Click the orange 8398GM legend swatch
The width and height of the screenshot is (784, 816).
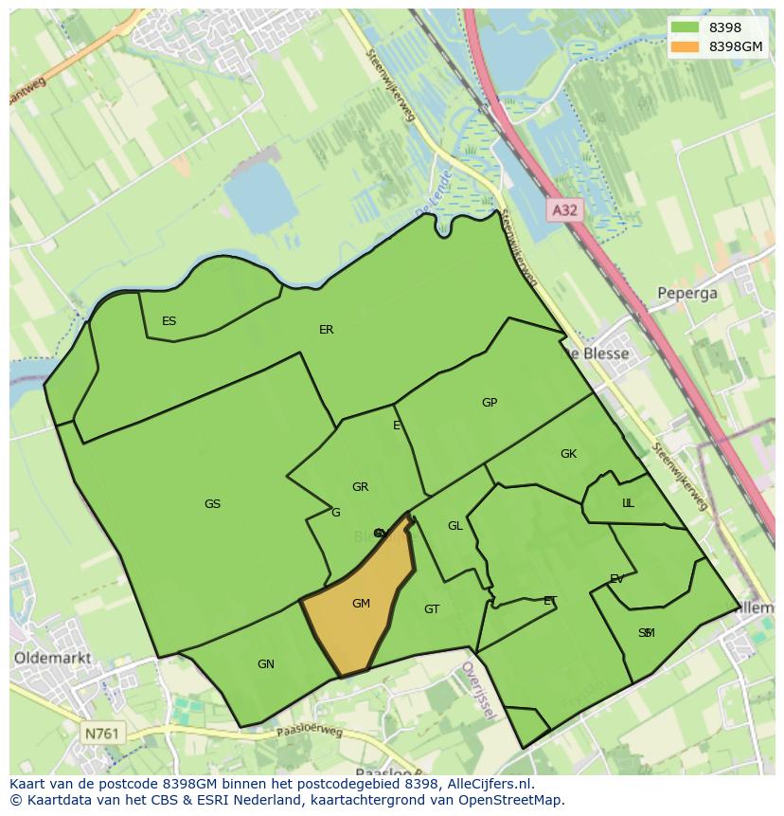click(x=686, y=46)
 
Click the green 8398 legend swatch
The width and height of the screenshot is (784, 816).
click(x=686, y=27)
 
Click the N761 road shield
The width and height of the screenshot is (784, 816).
click(x=102, y=733)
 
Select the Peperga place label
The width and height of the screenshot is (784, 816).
click(x=688, y=293)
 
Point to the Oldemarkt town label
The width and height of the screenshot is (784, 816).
click(x=52, y=657)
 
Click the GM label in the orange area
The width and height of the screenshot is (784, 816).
click(x=361, y=604)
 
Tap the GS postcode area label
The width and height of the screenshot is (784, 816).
click(x=212, y=504)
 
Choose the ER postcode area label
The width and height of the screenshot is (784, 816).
click(x=326, y=330)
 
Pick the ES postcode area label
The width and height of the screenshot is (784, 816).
click(x=169, y=321)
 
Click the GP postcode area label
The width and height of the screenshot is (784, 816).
click(x=489, y=403)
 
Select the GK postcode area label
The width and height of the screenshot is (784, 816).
click(x=568, y=454)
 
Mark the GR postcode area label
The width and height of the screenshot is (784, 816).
click(x=360, y=487)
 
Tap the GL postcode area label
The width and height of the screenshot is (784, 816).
click(x=455, y=526)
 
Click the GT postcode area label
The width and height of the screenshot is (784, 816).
click(x=432, y=609)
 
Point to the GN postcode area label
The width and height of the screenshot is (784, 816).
click(x=266, y=664)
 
